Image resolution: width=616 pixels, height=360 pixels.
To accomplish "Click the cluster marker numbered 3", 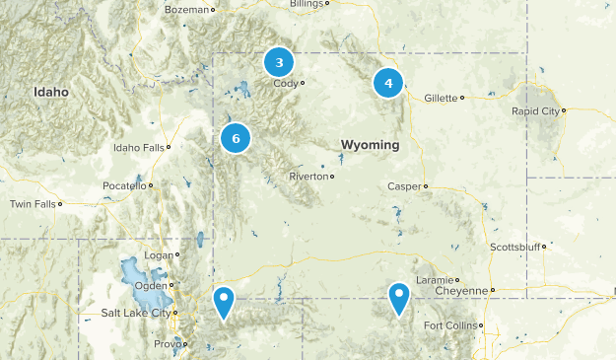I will point(280,63).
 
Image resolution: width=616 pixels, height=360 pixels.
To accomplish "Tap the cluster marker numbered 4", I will point(388,84).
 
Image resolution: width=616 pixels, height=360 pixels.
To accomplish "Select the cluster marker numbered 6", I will point(236,139).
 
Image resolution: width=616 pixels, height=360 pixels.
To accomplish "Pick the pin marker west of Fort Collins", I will point(398,297).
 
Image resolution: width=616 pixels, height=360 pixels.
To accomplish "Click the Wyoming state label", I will point(370,145).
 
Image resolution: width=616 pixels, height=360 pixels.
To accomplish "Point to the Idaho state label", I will point(51,92).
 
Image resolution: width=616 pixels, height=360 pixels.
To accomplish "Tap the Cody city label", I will point(286,83).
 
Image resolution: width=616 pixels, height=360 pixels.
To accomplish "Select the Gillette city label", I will point(440,98).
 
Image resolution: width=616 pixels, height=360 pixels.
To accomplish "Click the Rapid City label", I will point(533,111).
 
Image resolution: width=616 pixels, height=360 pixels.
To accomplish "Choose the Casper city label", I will point(404,185).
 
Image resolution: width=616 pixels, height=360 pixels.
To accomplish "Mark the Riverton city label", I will point(308,177).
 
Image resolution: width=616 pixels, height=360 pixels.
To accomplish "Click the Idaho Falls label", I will point(138,147).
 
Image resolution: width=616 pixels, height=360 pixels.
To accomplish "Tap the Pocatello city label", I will point(124,185).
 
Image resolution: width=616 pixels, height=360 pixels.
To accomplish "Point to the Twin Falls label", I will point(32,204).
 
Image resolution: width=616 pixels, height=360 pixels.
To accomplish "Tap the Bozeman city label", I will point(189,9).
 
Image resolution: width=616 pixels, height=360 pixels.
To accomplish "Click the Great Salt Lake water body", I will point(131,271).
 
